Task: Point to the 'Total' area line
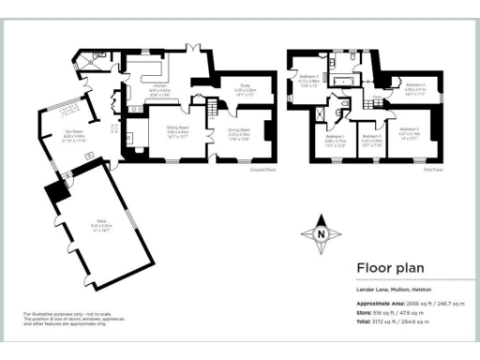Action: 394,322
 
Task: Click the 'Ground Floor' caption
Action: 262,170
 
